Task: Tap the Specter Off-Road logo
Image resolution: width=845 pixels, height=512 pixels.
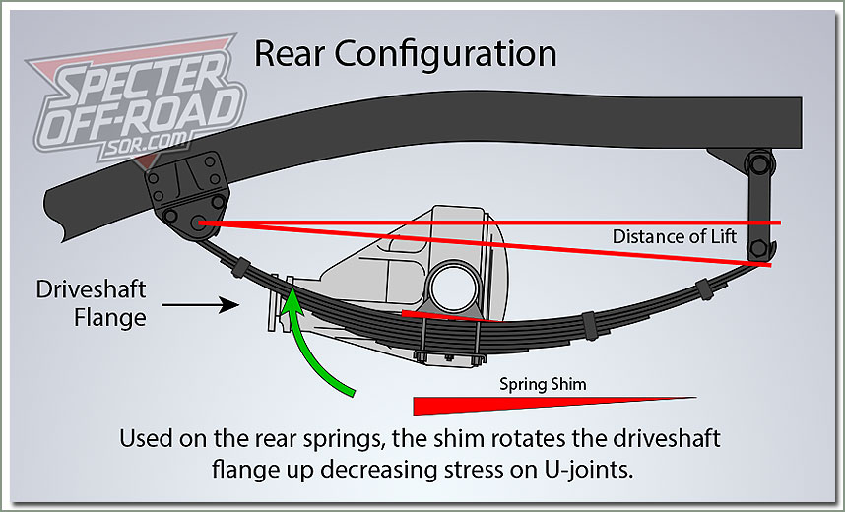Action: (x=133, y=106)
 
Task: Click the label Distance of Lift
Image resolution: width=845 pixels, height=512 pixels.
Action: (x=687, y=237)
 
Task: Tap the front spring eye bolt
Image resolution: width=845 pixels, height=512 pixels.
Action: (x=201, y=223)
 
